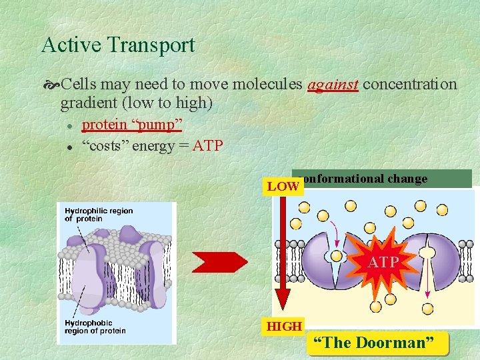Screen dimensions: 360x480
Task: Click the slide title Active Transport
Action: (118, 45)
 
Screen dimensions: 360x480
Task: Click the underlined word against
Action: (333, 85)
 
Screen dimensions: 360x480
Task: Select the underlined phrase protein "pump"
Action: (131, 125)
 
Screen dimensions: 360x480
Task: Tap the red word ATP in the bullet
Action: (207, 145)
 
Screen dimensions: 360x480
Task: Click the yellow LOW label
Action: (283, 187)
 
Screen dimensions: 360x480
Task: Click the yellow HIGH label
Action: (284, 327)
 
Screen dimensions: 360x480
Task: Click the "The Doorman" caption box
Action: (378, 343)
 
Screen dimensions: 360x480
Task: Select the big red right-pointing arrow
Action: (219, 262)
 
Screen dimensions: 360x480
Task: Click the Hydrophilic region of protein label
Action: (99, 215)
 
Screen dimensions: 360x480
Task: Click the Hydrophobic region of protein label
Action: (95, 327)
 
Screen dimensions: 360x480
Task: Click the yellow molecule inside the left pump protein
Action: (337, 256)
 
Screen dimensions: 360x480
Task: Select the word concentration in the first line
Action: (410, 85)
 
